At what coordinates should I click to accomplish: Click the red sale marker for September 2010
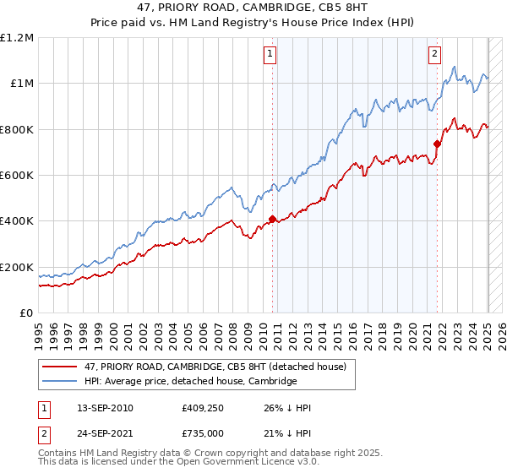click(272, 219)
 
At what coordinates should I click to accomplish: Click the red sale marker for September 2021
click(438, 144)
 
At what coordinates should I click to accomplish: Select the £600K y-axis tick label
click(17, 176)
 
